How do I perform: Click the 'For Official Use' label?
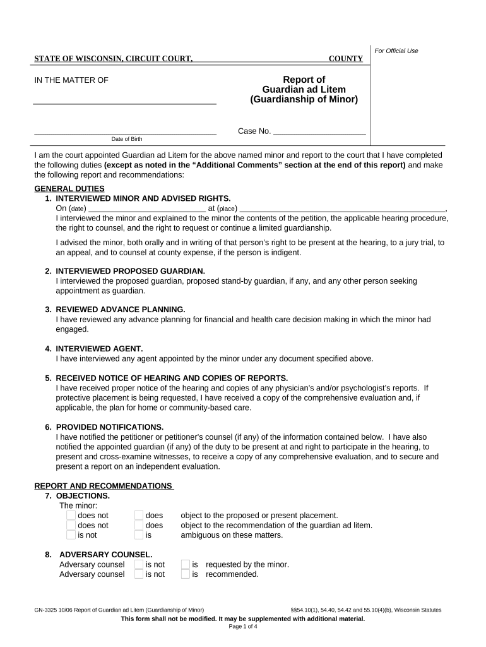(x=396, y=51)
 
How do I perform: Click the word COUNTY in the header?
(x=346, y=59)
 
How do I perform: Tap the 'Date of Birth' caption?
(x=125, y=139)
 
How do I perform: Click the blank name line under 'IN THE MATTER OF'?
(x=124, y=100)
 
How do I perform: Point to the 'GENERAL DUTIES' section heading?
(x=69, y=188)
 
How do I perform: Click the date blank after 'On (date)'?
(x=146, y=208)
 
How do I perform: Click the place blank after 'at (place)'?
(x=342, y=208)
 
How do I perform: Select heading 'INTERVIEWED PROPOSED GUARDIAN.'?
(x=130, y=271)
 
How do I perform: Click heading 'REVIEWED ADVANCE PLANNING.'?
(x=121, y=310)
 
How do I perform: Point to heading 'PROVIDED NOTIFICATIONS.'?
(x=110, y=427)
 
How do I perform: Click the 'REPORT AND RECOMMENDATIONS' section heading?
(x=103, y=486)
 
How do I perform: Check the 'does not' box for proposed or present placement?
(x=71, y=515)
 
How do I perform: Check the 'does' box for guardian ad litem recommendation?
(x=139, y=525)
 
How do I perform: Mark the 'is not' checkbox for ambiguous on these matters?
(x=71, y=535)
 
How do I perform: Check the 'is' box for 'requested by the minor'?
(x=186, y=564)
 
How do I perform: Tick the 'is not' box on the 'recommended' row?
(x=139, y=574)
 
